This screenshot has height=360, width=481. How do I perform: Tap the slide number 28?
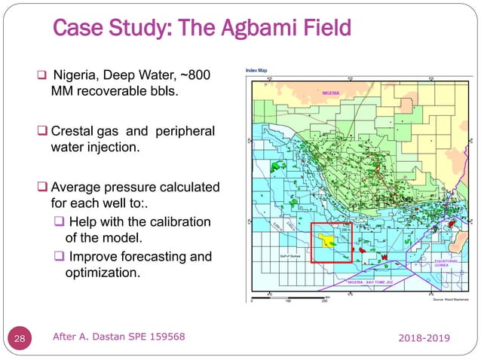pyautogui.click(x=20, y=340)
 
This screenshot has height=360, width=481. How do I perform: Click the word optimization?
pyautogui.click(x=103, y=273)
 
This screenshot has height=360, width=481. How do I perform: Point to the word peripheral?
pyautogui.click(x=185, y=132)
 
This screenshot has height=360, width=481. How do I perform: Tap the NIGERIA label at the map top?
pyautogui.click(x=332, y=93)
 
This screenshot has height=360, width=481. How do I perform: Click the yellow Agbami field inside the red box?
pyautogui.click(x=328, y=241)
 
